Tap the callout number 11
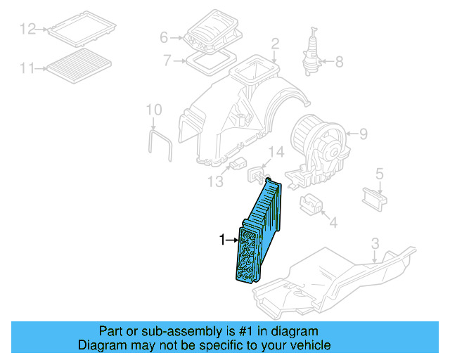coord(27,68)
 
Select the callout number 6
coord(164,37)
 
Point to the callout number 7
coord(167,60)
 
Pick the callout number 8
coord(339,62)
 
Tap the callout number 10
coord(154,110)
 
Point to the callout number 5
coord(379,172)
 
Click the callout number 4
coord(333,224)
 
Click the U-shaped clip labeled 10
coord(160,144)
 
